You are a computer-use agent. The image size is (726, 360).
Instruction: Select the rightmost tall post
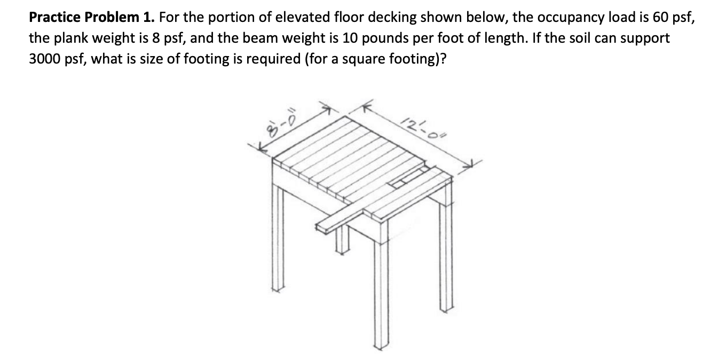(446, 251)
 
